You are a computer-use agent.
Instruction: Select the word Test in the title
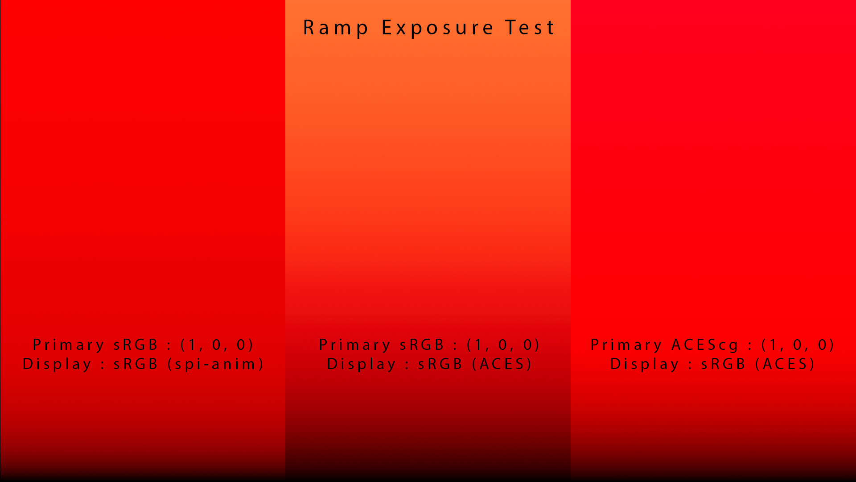[x=530, y=28]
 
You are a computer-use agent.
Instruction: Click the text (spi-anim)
[x=216, y=364]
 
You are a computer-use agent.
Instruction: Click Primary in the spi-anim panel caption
[x=69, y=345]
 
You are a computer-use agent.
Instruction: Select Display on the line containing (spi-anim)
[x=57, y=364]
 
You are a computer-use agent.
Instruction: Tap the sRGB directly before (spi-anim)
[x=136, y=364]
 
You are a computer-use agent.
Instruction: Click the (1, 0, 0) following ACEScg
[x=798, y=345]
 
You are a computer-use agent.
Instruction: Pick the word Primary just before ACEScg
[x=626, y=345]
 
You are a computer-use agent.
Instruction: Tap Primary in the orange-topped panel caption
[x=355, y=345]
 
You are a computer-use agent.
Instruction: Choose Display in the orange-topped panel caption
[x=362, y=364]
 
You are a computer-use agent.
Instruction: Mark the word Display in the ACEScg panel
[x=645, y=364]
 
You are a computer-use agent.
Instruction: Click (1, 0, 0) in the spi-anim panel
[x=217, y=345]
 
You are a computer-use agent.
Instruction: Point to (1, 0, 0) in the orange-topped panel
[x=503, y=345]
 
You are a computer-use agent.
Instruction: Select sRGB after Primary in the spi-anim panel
[x=136, y=345]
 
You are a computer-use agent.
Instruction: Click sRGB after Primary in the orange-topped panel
[x=422, y=345]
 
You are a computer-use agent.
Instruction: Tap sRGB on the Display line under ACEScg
[x=723, y=364]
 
